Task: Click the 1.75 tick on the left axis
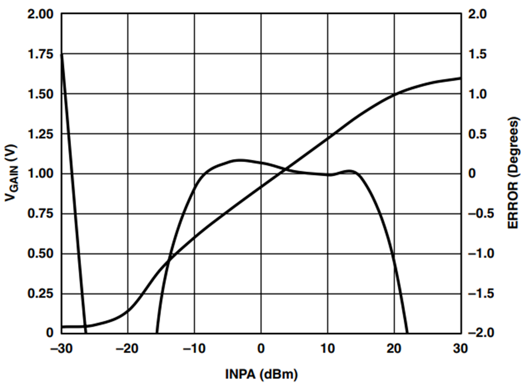click(40, 54)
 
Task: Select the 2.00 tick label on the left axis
click(40, 15)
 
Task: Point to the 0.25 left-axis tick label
click(40, 294)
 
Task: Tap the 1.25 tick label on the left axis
click(40, 134)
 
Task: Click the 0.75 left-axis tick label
click(40, 214)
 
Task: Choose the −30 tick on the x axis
click(61, 348)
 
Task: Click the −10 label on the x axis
click(194, 348)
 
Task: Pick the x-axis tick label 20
click(394, 348)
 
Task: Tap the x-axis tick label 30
click(461, 348)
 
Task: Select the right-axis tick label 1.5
click(478, 54)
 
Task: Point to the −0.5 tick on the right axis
click(481, 214)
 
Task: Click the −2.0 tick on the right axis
click(481, 333)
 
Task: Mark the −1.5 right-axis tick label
click(481, 294)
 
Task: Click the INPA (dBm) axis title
click(261, 374)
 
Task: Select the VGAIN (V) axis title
click(11, 173)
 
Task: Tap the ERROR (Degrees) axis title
click(513, 173)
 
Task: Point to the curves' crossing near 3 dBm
click(285, 169)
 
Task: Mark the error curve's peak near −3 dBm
click(240, 160)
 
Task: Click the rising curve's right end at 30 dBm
click(461, 78)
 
